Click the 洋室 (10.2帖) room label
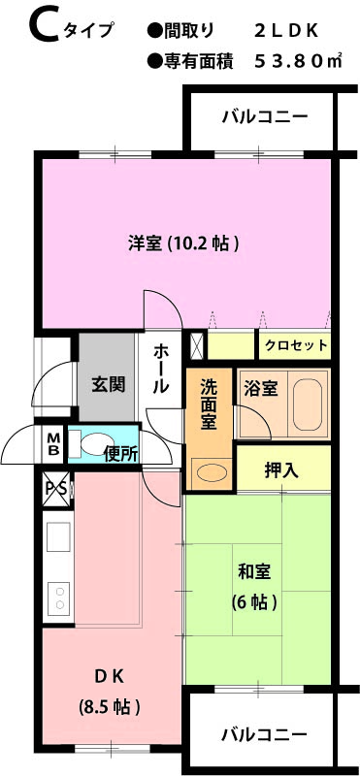(184, 243)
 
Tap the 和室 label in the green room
(253, 571)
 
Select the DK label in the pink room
(109, 675)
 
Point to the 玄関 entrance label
(108, 384)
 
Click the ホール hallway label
(161, 369)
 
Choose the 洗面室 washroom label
(210, 404)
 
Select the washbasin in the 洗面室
(209, 472)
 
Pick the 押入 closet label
(281, 470)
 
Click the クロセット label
(296, 345)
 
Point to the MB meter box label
(53, 444)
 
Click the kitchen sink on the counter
(58, 537)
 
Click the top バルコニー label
(265, 117)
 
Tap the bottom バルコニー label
(264, 734)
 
